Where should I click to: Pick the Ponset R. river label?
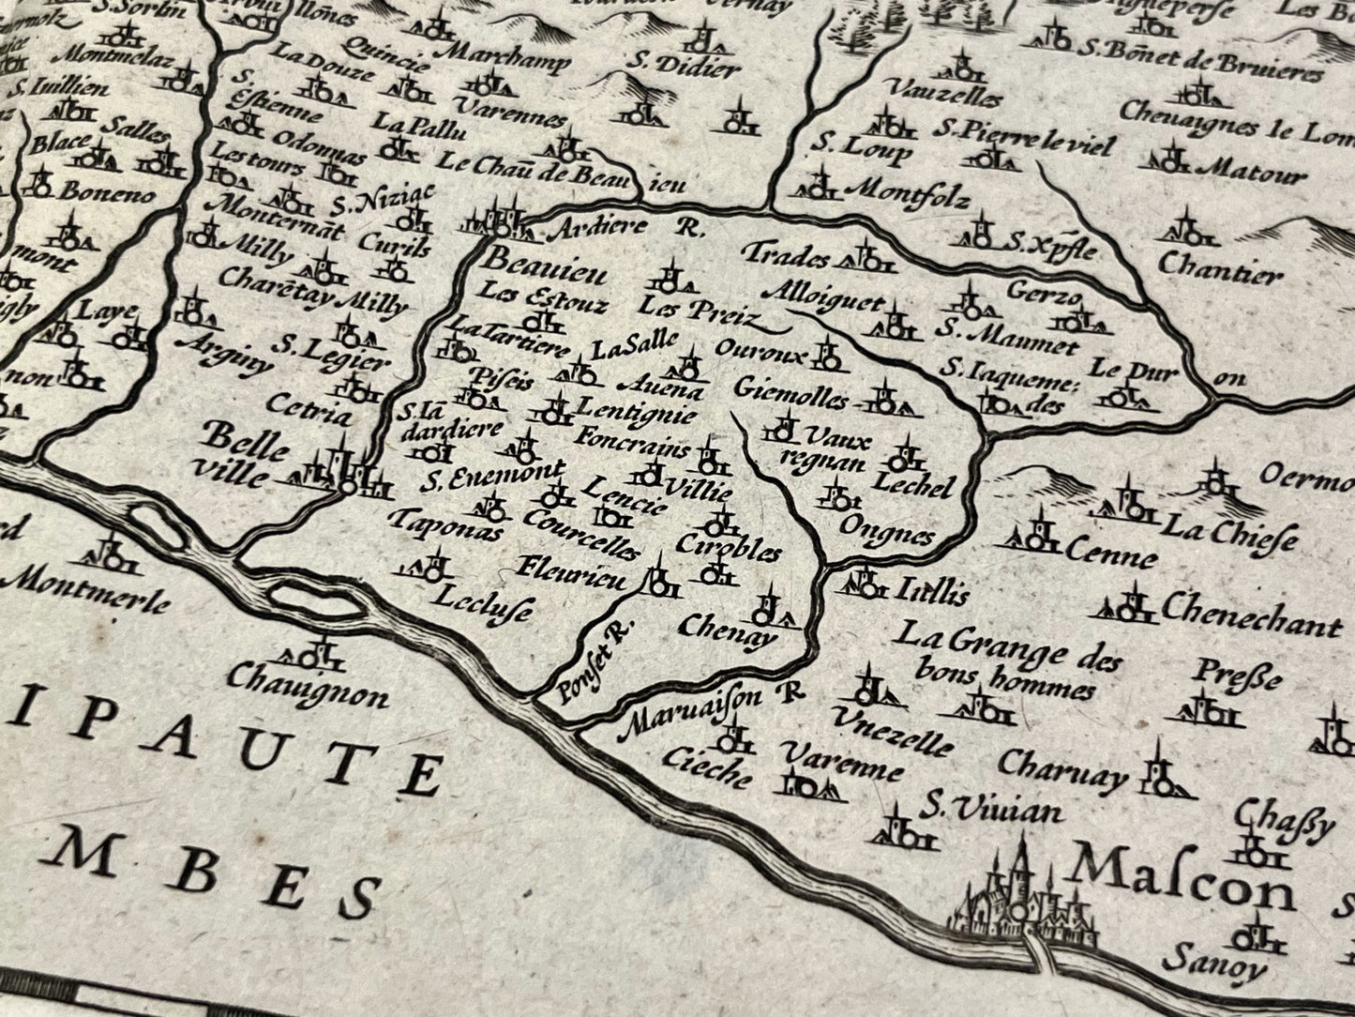[x=590, y=664]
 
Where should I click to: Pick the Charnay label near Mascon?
[x=1062, y=771]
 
